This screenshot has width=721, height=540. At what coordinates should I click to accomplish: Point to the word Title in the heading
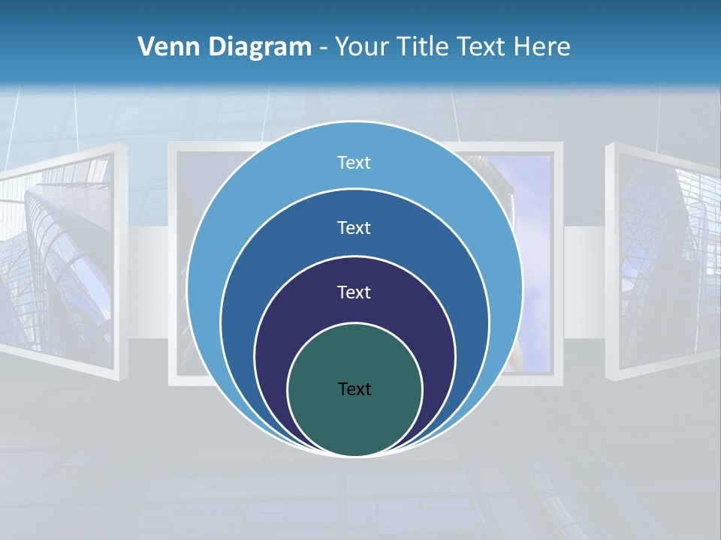coord(424,47)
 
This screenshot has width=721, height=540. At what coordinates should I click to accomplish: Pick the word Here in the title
coord(542,47)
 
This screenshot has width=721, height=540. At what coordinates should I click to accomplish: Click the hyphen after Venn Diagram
coord(323,49)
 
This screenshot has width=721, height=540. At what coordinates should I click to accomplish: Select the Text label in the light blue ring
coord(354,163)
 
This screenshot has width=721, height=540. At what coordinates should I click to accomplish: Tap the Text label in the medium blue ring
coord(354,227)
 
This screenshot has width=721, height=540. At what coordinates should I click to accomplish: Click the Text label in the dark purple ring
coord(354,292)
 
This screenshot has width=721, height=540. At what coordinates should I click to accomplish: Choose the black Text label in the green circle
coord(354,388)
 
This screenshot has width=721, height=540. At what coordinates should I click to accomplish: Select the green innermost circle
coord(354,420)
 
